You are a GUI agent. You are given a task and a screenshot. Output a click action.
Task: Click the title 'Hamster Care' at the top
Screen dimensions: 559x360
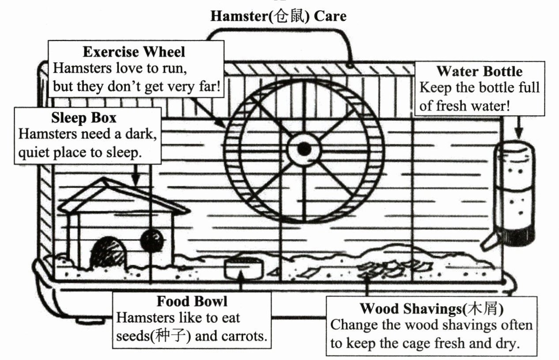click(279, 16)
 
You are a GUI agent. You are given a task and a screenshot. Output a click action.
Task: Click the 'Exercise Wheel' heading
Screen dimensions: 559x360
click(134, 52)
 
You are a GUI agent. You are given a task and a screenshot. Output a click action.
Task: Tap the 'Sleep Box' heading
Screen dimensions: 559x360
click(84, 118)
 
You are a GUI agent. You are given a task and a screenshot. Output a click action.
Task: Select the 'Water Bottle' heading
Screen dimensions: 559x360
click(480, 71)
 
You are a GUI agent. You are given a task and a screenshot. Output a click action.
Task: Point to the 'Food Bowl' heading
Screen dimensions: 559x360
click(192, 301)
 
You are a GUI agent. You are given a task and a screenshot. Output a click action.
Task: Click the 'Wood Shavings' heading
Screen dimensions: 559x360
click(431, 309)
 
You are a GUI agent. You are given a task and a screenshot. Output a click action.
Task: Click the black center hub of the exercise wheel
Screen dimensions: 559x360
click(304, 149)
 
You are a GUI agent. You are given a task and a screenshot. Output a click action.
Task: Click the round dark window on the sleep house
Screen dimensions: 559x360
click(152, 240)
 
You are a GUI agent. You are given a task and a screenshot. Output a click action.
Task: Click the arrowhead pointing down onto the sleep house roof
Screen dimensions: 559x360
click(136, 180)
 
